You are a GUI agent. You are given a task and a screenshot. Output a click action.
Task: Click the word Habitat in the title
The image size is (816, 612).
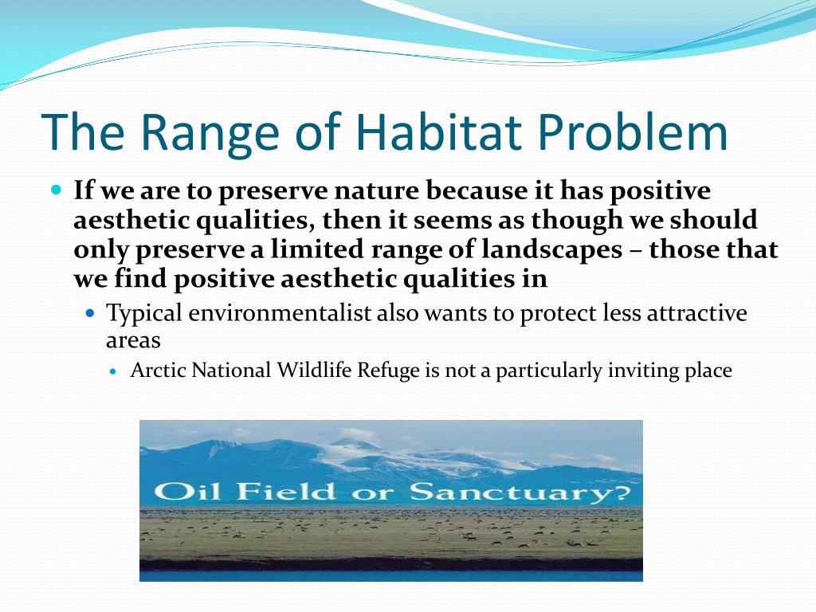(x=438, y=132)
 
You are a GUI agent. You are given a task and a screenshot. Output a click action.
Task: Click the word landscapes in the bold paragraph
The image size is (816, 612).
(x=551, y=249)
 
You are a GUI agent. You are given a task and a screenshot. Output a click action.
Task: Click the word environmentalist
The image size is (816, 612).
(x=280, y=313)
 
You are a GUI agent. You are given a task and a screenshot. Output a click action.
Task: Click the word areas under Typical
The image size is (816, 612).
(x=133, y=341)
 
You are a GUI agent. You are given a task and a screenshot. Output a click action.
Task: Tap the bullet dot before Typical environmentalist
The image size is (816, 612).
(x=91, y=313)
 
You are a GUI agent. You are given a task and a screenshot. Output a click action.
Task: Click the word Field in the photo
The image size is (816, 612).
(x=286, y=491)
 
